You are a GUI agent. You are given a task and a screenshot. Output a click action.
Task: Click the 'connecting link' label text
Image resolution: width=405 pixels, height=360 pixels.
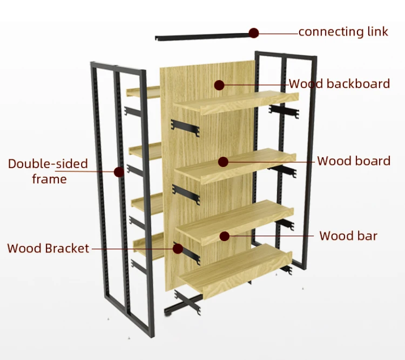coord(343,31)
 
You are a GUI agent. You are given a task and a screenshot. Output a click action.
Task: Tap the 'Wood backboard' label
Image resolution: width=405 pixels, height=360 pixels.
coord(339,84)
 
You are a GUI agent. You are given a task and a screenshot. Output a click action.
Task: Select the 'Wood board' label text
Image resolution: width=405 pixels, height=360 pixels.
coord(353,161)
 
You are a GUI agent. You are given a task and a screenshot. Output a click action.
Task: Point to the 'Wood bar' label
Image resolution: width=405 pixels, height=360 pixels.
coord(348,236)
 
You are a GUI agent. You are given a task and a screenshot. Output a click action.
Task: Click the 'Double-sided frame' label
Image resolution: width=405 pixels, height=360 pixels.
coord(48,171)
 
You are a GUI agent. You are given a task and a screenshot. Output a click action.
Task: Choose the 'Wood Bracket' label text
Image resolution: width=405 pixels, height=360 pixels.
coord(48,249)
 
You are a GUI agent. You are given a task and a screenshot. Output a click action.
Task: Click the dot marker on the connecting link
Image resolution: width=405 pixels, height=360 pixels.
coord(253,32)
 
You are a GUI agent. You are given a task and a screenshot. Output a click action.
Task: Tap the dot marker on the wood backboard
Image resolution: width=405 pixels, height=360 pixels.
coord(219,85)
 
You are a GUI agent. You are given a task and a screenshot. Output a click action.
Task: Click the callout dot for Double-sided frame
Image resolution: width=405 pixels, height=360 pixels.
coord(119,172)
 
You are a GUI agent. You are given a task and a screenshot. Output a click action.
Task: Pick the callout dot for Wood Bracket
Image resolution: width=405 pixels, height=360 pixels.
coord(178,248)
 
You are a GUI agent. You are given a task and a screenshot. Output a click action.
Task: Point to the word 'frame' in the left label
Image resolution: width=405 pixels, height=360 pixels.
coord(49,179)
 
